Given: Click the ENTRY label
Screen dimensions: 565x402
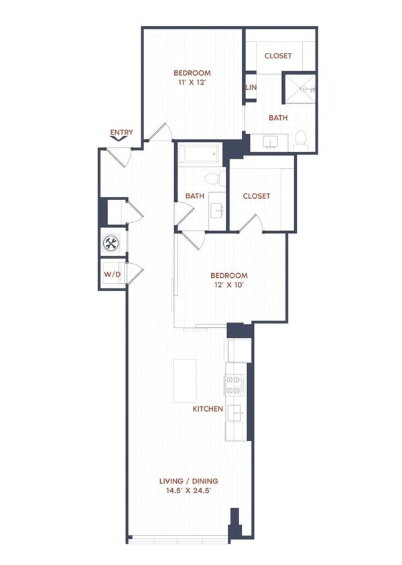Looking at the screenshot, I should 121,133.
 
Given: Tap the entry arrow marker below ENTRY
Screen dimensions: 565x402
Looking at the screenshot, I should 121,141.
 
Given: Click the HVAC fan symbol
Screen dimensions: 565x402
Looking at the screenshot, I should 111,242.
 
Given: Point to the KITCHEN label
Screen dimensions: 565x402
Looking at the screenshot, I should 208,408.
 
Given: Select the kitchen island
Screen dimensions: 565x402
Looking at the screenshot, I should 185,380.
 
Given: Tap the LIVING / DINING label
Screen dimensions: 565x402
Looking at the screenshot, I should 188,481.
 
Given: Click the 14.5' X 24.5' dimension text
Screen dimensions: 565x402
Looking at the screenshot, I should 188,491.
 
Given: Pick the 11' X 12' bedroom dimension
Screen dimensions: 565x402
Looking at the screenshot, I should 192,83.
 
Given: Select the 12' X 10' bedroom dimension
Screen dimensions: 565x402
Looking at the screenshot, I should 229,285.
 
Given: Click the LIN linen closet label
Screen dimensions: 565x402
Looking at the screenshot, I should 251,88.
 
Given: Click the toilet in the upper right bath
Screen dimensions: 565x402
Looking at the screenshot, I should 301,140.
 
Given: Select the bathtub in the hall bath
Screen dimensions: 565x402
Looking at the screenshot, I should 200,155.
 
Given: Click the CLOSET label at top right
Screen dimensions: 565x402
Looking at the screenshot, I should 278,56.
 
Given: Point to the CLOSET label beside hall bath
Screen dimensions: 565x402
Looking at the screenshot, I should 257,196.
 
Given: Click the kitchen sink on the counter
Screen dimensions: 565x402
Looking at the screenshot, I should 235,414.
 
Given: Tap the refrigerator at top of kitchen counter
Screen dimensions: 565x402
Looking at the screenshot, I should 239,350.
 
